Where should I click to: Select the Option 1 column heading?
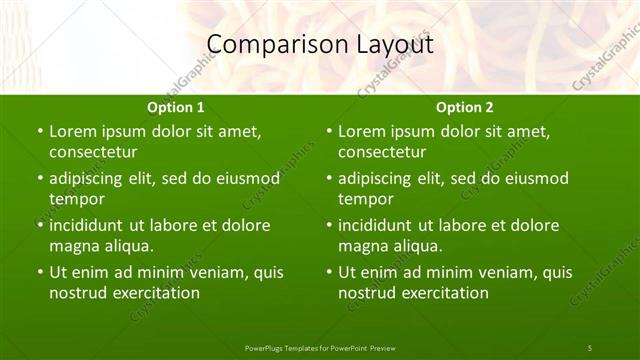[x=176, y=107]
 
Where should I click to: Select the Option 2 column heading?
[x=465, y=107]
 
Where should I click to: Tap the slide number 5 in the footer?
[x=590, y=347]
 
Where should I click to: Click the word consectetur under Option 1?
[x=93, y=152]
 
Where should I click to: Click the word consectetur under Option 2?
[x=382, y=152]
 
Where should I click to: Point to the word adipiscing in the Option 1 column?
[x=92, y=178]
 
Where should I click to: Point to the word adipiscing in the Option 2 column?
[x=381, y=178]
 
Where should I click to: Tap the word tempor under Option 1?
[x=73, y=198]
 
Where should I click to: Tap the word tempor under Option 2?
[x=362, y=198]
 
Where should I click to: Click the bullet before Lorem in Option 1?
[x=40, y=132]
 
